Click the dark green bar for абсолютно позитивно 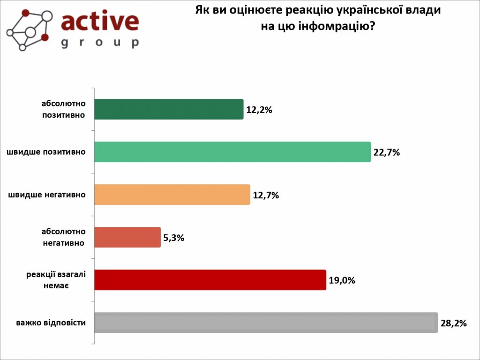(x=169, y=109)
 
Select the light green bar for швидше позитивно (x=232, y=152)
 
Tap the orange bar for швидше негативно (x=172, y=195)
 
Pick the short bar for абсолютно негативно (x=127, y=237)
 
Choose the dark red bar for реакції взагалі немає (x=210, y=280)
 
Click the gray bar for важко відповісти (x=266, y=322)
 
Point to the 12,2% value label (x=259, y=110)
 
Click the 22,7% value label (x=386, y=152)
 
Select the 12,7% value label (x=266, y=195)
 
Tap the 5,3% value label (x=173, y=238)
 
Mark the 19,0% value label (x=342, y=280)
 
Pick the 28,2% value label (x=453, y=323)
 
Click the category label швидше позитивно (x=46, y=152)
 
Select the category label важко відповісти (x=51, y=322)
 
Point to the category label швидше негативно (x=47, y=195)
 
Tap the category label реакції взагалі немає (x=56, y=280)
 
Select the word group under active (x=100, y=43)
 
